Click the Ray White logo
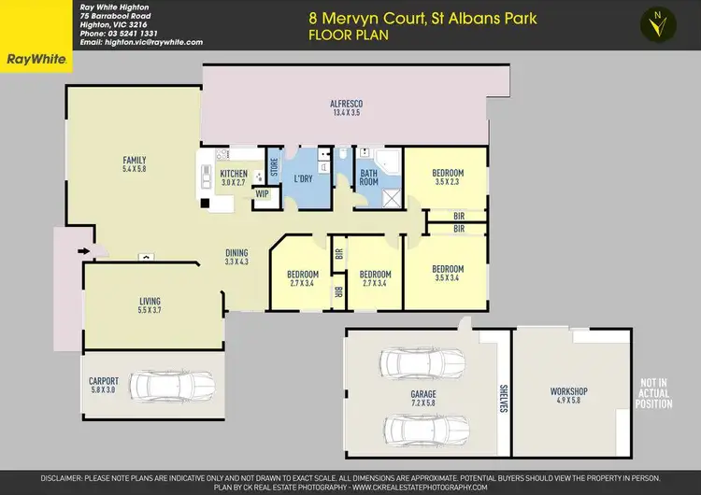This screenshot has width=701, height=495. tap(36, 59)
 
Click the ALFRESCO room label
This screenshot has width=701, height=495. tap(345, 105)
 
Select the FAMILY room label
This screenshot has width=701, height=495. tap(135, 160)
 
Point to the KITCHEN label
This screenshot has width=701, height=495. tap(233, 174)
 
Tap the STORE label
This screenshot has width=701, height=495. tap(274, 168)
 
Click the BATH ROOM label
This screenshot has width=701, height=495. tap(369, 177)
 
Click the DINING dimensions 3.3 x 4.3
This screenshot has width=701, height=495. tap(236, 262)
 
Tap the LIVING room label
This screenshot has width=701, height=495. tap(150, 301)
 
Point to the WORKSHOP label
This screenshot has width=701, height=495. tap(564, 390)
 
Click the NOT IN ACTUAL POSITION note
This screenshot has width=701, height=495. tap(655, 392)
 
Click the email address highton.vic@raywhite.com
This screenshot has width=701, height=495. tap(141, 43)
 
